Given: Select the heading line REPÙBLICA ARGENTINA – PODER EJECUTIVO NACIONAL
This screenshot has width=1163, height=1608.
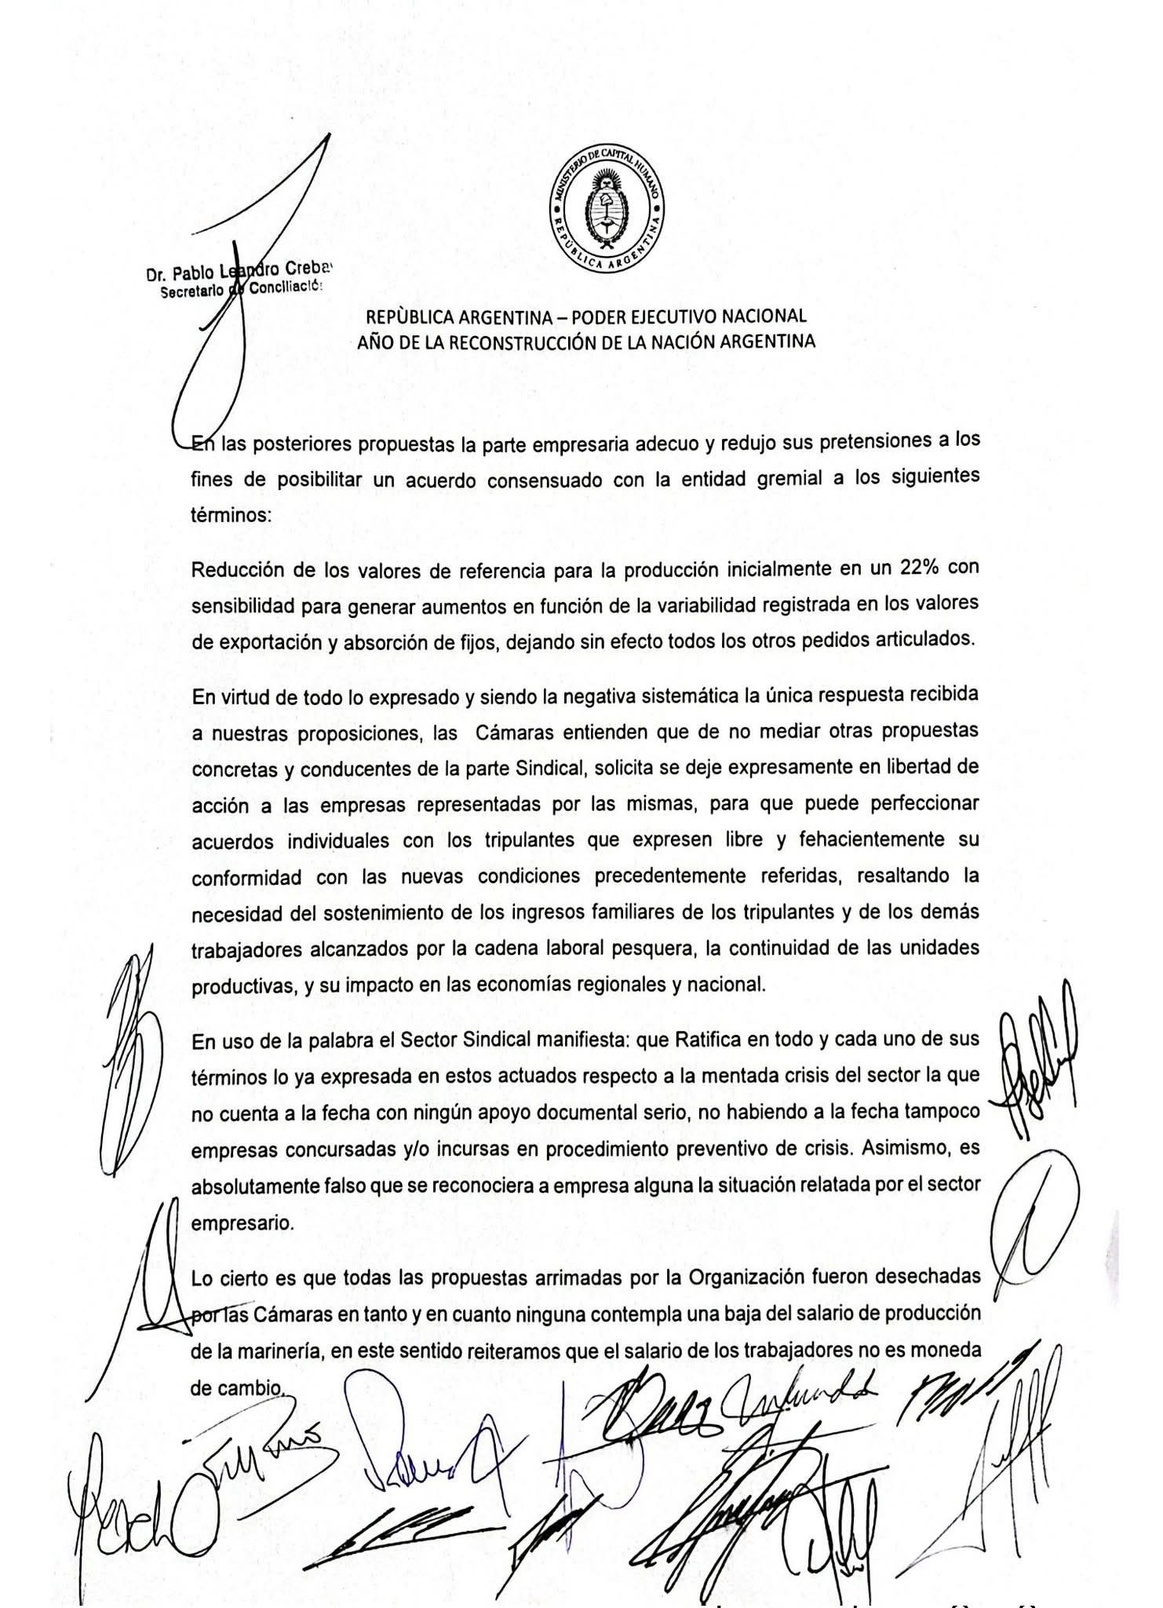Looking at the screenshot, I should pyautogui.click(x=586, y=316).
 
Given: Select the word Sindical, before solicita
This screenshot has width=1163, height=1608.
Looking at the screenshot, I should pyautogui.click(x=552, y=767).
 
